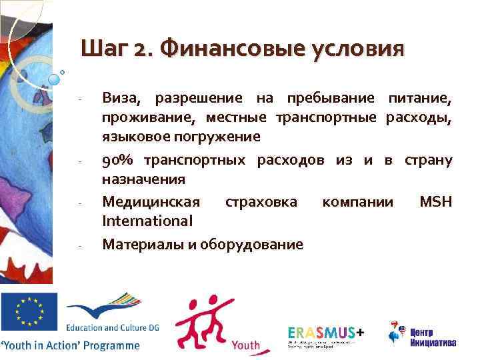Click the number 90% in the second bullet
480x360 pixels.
(x=120, y=161)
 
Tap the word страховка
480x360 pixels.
(x=261, y=201)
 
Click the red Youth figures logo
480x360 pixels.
(x=199, y=320)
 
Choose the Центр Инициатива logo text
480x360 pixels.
(x=433, y=337)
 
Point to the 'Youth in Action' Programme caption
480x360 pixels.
(x=71, y=345)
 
